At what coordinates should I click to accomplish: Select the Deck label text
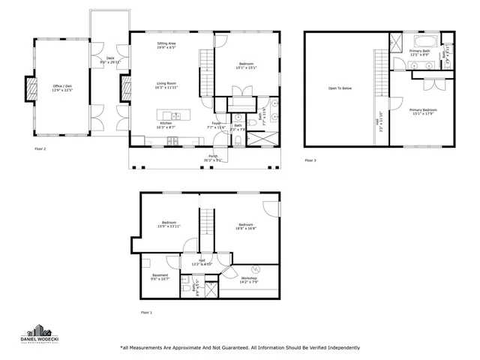click(x=110, y=58)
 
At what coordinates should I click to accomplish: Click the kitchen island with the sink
click(x=169, y=115)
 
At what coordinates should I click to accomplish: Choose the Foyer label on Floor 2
click(x=215, y=123)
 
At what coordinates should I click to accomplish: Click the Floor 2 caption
click(x=40, y=149)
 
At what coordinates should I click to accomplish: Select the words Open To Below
click(x=340, y=88)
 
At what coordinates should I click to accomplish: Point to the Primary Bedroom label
click(x=423, y=112)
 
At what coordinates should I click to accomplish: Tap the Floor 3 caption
click(x=310, y=160)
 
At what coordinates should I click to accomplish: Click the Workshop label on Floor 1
click(x=250, y=278)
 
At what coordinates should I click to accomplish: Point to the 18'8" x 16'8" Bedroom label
click(x=247, y=226)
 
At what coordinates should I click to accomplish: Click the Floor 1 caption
click(x=146, y=311)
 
